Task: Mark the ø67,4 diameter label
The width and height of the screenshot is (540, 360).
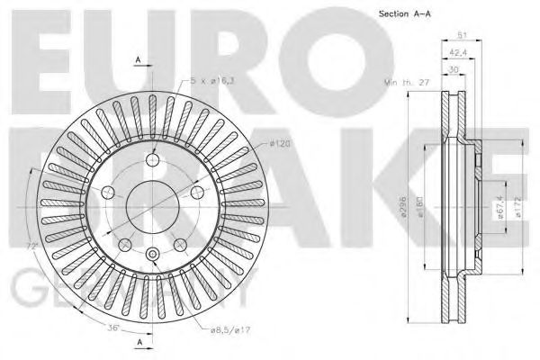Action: click(x=499, y=209)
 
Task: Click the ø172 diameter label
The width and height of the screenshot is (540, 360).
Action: click(x=516, y=209)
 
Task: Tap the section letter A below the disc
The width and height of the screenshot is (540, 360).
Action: click(x=139, y=343)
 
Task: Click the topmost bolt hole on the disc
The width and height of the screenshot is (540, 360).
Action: click(x=152, y=159)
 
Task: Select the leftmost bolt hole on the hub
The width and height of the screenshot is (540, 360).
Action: click(x=110, y=192)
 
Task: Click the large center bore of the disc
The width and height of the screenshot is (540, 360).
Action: click(x=153, y=205)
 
